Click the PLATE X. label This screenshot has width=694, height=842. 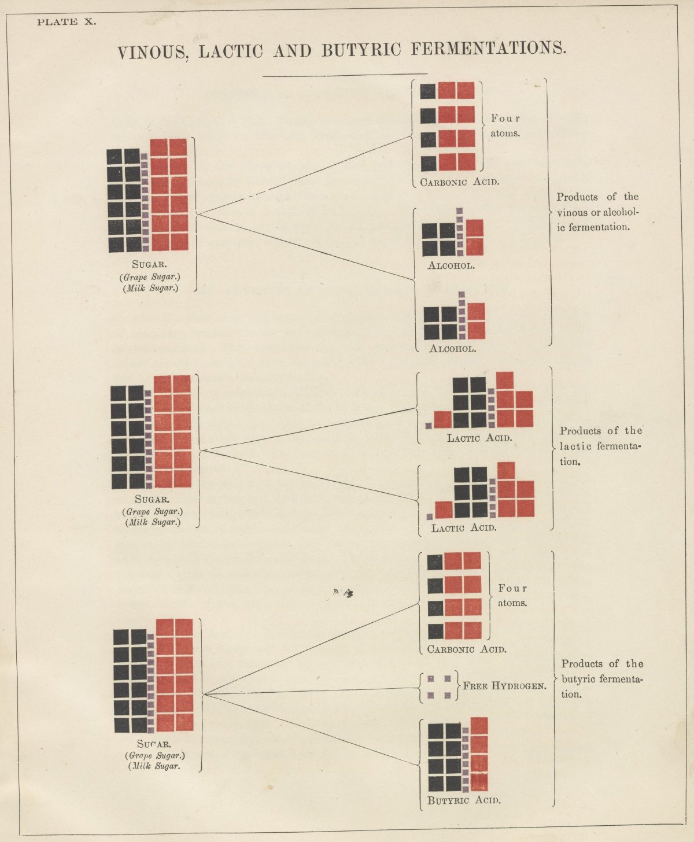(67, 21)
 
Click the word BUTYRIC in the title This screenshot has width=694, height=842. (361, 50)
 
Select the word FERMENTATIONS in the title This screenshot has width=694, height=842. (489, 49)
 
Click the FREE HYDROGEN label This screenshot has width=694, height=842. (504, 685)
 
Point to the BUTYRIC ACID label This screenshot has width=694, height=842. (464, 800)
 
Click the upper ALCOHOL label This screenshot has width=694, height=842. (451, 265)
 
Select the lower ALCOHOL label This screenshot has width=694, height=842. (452, 348)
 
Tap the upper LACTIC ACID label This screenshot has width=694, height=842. (479, 438)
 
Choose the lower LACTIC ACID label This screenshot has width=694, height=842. (464, 528)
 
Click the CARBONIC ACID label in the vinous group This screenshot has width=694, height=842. (460, 182)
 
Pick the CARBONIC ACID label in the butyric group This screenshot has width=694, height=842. (467, 649)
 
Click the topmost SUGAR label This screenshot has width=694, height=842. (149, 264)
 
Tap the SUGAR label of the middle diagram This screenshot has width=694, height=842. (152, 499)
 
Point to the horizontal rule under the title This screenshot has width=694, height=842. (345, 75)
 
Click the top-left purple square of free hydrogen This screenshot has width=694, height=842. (431, 679)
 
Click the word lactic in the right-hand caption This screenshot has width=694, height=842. (571, 446)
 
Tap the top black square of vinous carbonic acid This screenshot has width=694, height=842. (428, 91)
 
